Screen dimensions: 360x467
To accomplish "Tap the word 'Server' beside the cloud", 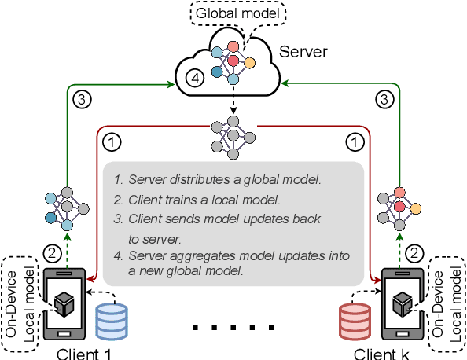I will [x=303, y=53].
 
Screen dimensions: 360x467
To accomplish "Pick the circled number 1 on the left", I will [x=113, y=142].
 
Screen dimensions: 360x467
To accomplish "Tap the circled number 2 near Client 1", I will [x=51, y=253].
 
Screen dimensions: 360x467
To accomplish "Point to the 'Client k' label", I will [x=381, y=353].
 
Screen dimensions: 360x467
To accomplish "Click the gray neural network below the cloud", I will [x=233, y=136].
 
